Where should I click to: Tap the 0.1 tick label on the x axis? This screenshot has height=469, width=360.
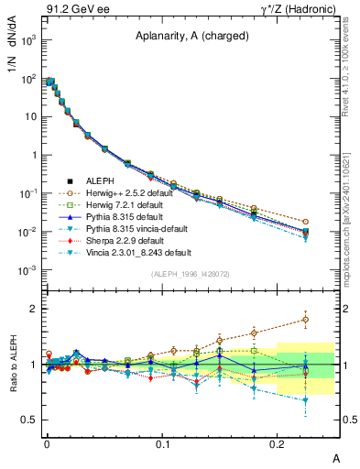coord(162,444)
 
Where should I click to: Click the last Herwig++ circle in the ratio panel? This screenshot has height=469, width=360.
coord(306,320)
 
